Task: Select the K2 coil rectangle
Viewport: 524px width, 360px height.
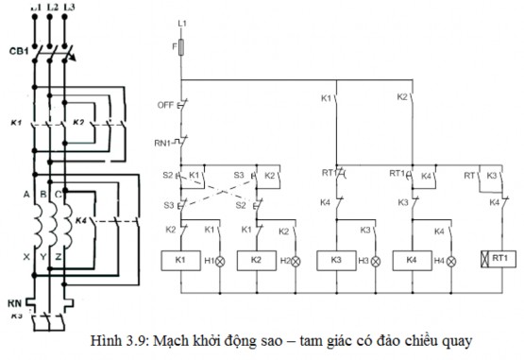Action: [256, 260]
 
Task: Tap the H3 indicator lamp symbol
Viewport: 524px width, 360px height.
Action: [376, 260]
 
